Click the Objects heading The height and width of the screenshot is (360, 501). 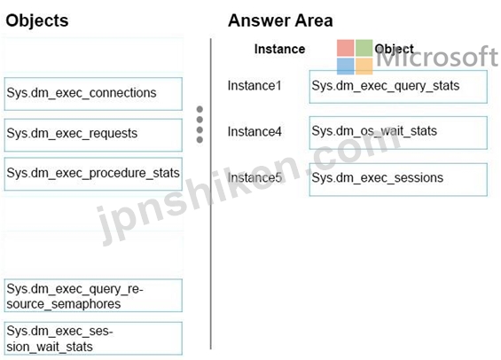37,20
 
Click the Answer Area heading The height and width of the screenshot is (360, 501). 280,20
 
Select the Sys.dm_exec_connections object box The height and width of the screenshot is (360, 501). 93,94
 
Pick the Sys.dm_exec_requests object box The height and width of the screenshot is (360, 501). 93,135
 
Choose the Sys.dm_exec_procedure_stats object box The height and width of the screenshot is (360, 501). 93,174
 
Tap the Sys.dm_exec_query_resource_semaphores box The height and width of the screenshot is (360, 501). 93,295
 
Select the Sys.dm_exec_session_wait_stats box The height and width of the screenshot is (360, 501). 93,339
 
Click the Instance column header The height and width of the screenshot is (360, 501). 279,49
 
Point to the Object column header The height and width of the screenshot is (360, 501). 394,49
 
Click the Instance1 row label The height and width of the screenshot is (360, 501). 254,86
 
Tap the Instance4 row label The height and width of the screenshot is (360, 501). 254,131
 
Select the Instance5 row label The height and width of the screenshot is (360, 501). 254,177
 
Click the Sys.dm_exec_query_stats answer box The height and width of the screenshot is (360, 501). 398,87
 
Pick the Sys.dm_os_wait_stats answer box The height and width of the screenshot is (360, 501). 398,133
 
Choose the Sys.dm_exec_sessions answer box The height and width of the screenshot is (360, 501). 398,180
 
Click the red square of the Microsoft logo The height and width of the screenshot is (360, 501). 346,48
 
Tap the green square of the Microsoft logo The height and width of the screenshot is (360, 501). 364,48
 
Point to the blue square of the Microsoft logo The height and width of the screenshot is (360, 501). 346,67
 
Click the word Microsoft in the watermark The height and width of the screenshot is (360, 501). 437,57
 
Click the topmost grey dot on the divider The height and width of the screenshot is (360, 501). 200,110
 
